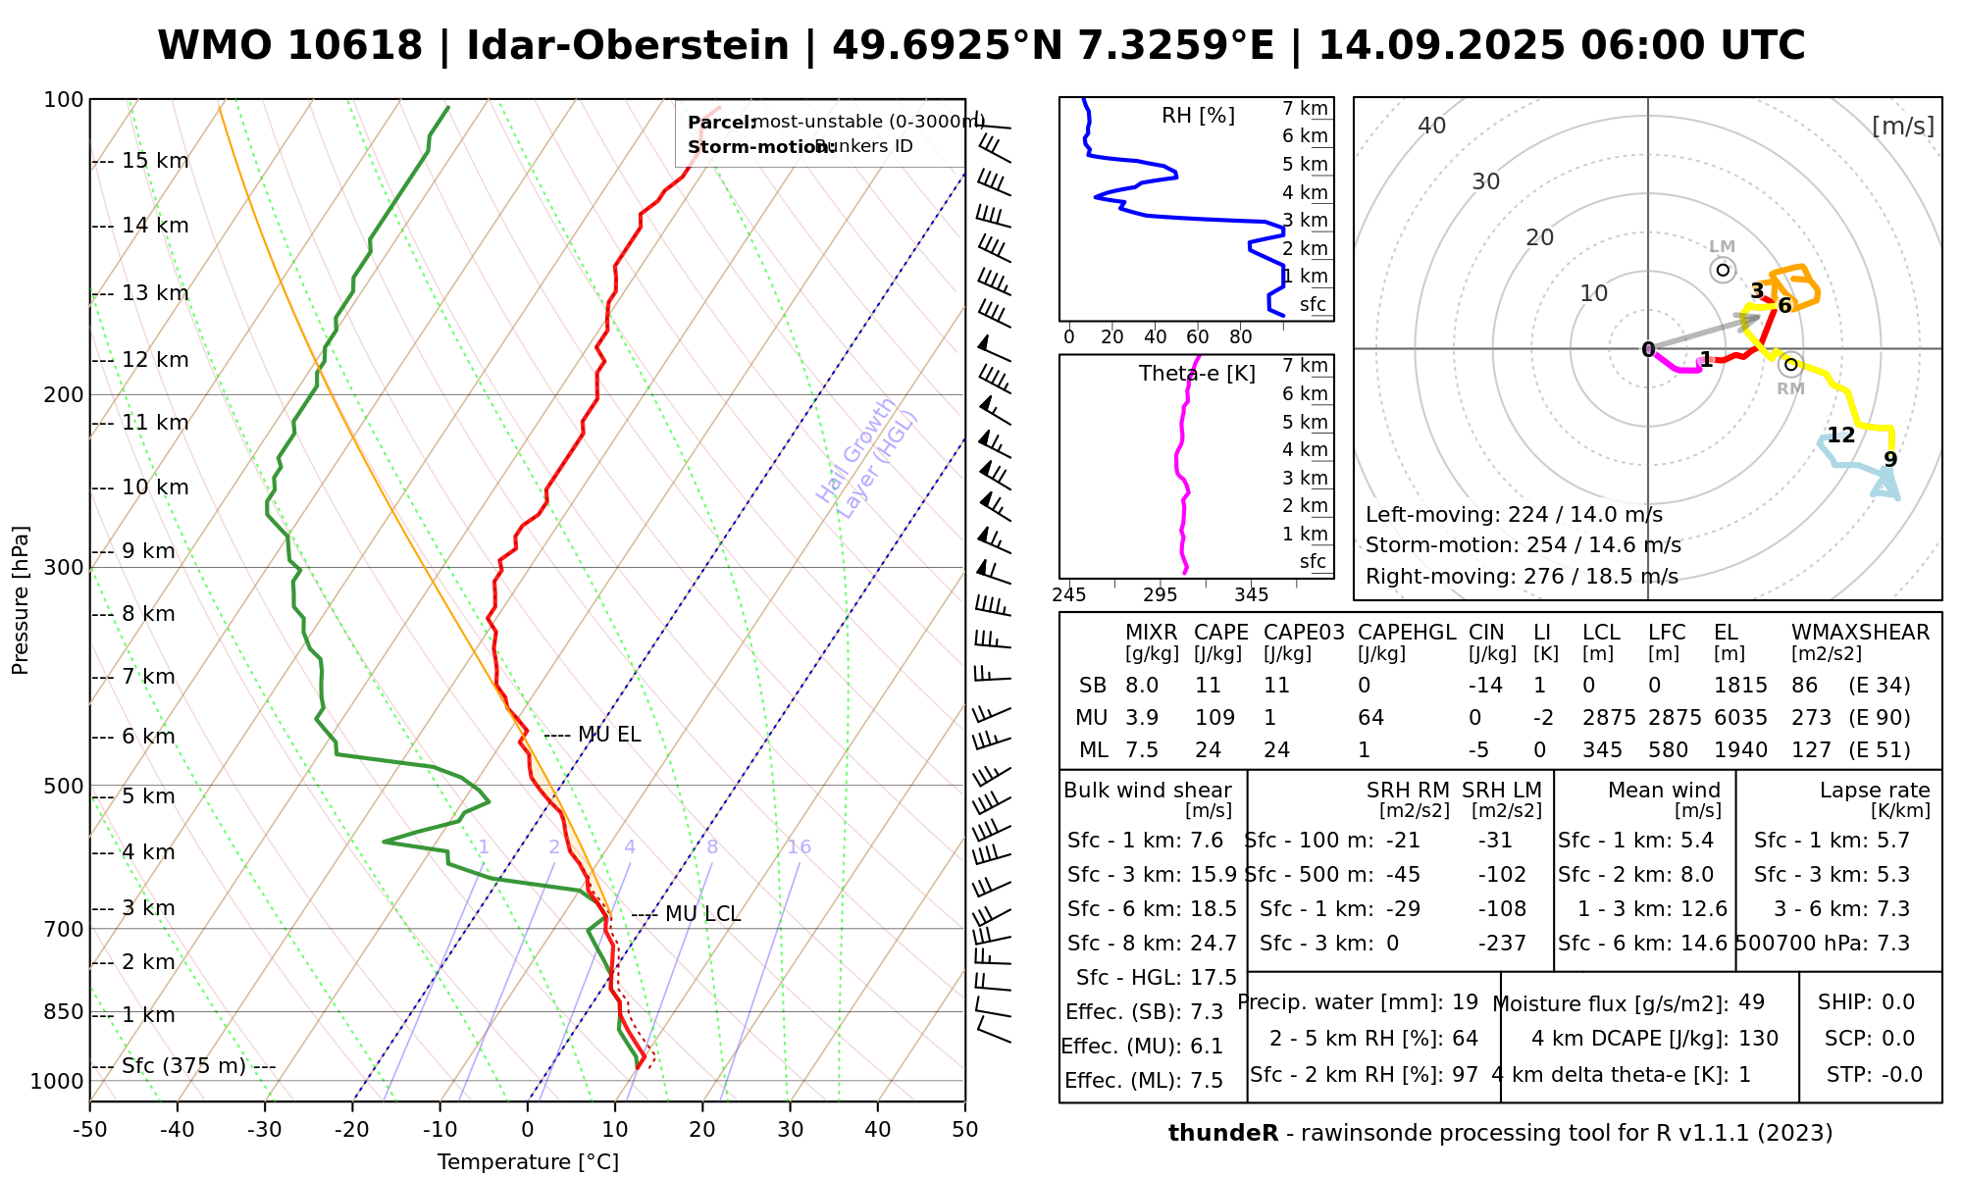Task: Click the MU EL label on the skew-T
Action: [608, 735]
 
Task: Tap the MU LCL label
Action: [702, 914]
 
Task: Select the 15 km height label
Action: [155, 161]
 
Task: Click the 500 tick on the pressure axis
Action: [65, 787]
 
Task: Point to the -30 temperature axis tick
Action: [265, 1130]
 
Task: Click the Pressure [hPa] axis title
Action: [21, 600]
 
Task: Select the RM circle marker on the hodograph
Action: [1790, 365]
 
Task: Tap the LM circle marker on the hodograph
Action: [1723, 270]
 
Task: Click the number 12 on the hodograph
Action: [1840, 435]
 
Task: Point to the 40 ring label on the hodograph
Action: [1432, 126]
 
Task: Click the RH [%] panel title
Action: [1198, 116]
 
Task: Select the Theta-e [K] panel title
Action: [1197, 374]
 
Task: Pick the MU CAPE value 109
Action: [1214, 718]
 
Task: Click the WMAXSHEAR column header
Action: [1860, 633]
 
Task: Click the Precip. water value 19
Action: [1465, 1002]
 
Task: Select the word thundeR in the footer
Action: [1222, 1134]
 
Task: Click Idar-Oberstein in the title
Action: [628, 46]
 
